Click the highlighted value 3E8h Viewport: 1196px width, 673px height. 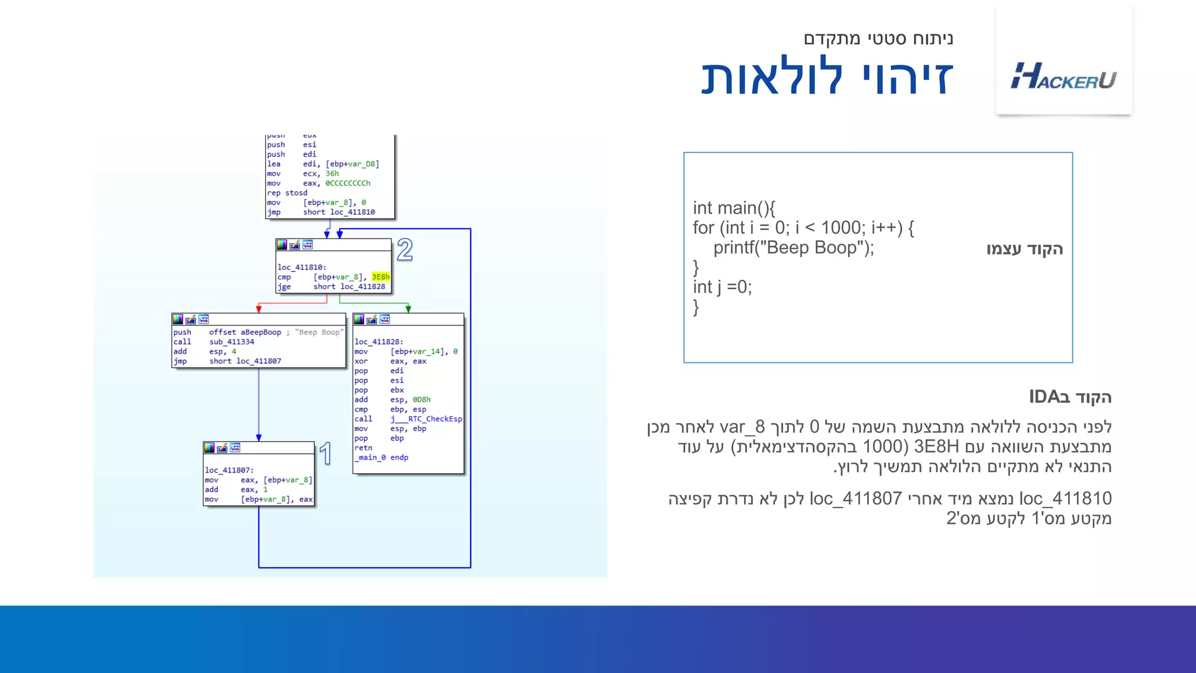coord(380,277)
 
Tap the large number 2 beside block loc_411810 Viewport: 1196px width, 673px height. coord(405,250)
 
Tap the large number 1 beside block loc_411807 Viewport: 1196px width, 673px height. coord(326,454)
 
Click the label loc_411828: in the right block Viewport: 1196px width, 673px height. coord(378,342)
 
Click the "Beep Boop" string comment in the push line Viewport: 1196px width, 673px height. coord(319,332)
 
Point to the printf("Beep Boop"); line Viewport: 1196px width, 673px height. coord(793,248)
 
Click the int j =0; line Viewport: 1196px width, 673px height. coord(722,287)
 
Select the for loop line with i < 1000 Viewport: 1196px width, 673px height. coord(803,228)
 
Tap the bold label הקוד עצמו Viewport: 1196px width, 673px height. coord(1024,249)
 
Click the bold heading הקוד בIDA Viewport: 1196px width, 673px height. coord(1069,397)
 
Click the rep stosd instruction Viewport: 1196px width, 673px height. coord(287,193)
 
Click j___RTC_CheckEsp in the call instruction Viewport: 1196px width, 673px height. coord(426,419)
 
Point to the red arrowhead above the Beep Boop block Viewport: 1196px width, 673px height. coord(259,308)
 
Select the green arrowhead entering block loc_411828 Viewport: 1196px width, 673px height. coord(408,308)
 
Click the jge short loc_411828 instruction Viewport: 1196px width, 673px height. coord(331,287)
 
